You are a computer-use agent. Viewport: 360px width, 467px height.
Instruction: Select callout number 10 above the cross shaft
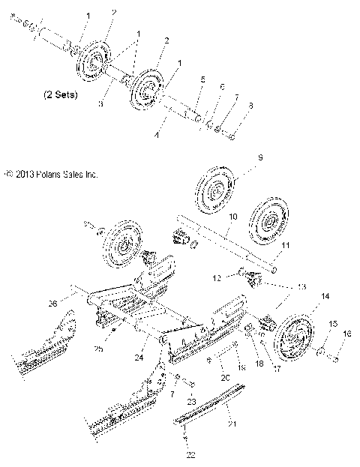233,216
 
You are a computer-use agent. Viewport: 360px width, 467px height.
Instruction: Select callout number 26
51,303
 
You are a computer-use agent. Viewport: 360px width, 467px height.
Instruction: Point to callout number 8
230,106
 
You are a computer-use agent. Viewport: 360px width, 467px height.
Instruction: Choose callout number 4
155,136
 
